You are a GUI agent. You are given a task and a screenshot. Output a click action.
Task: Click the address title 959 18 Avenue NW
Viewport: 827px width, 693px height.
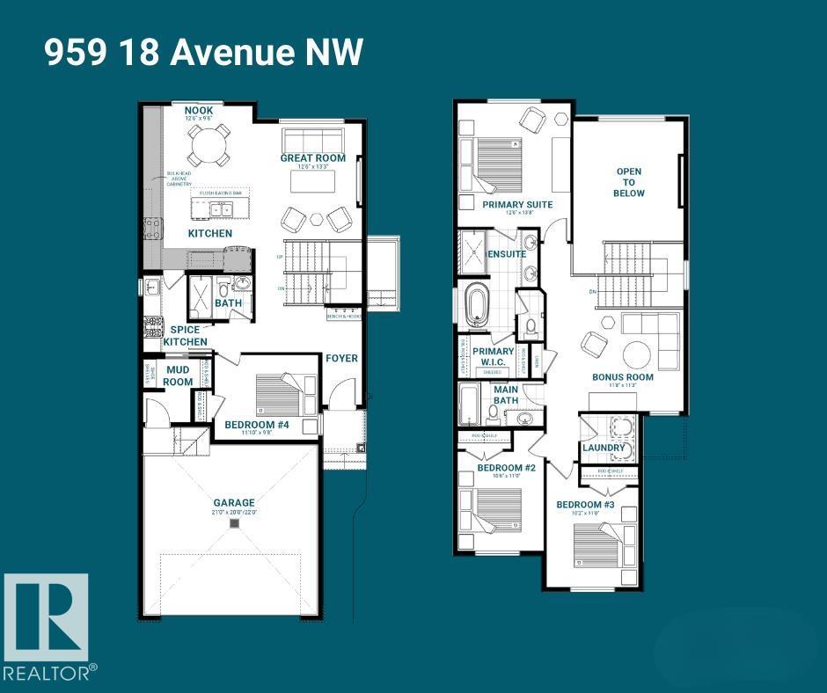tap(203, 53)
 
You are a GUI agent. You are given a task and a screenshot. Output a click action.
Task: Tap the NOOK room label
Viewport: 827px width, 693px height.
tap(199, 111)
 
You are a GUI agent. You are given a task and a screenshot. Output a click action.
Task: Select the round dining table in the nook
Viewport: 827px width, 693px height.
tap(209, 144)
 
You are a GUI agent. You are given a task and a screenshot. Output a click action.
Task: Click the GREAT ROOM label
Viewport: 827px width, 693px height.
tap(312, 158)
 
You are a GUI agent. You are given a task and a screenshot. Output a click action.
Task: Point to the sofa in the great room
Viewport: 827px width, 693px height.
tap(312, 141)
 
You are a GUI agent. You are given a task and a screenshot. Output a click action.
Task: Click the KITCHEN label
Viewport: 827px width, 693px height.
tap(210, 233)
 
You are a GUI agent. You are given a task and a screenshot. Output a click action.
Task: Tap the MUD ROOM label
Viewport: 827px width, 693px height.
tap(178, 376)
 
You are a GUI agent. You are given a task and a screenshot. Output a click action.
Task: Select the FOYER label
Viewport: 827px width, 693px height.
tap(341, 358)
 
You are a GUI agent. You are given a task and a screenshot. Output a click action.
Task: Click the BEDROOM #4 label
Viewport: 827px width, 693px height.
tap(257, 426)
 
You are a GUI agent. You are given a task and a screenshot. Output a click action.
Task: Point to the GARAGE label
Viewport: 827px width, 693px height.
tap(233, 503)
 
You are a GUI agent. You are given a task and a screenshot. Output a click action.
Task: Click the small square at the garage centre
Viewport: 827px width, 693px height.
tap(233, 524)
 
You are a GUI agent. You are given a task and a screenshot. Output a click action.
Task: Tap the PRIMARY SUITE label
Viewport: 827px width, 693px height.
tap(517, 204)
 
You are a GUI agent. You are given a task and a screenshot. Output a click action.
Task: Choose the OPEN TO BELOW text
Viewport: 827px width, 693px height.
tap(629, 182)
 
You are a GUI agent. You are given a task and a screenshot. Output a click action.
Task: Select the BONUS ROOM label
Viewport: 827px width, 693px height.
tap(622, 376)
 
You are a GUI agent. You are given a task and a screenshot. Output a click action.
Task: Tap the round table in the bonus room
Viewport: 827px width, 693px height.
tap(638, 354)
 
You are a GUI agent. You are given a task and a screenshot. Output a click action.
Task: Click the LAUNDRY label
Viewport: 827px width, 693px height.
tap(604, 448)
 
